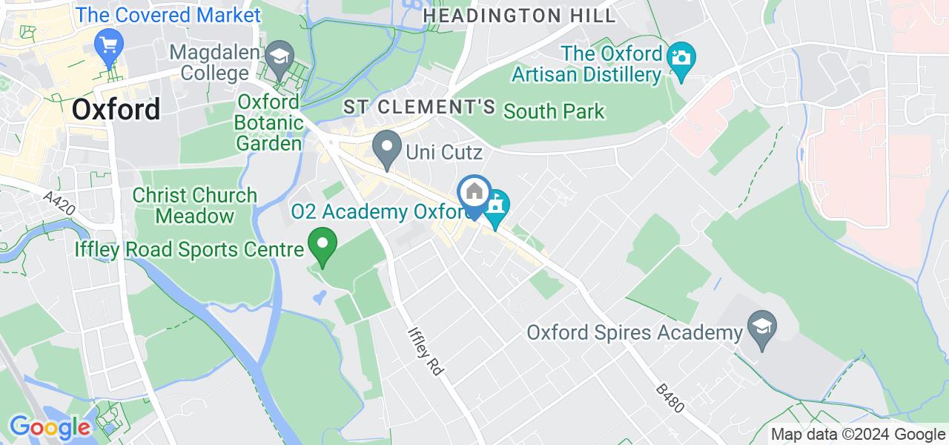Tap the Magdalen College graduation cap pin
280,56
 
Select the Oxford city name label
116,110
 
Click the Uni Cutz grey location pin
386,147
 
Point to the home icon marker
474,193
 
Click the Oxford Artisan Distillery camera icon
680,57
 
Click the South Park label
554,112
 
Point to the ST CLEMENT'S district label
419,107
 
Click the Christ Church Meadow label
194,205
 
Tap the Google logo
49,427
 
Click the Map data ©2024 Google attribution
857,435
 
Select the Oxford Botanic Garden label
269,122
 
